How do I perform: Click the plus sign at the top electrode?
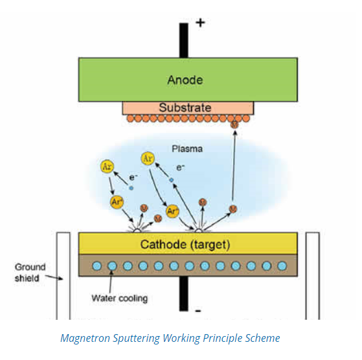coord(200,23)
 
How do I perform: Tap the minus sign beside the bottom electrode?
coord(198,311)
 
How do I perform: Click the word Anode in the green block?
coord(185,80)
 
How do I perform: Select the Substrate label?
coord(185,107)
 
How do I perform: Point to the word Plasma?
coord(187,148)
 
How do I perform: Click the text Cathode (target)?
coord(185,245)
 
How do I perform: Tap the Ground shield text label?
coord(30,272)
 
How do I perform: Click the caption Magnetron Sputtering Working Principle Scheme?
coord(170,338)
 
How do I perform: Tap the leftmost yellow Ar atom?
coord(107,167)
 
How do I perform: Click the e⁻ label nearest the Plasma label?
coord(180,167)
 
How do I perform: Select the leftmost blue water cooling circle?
coord(96,266)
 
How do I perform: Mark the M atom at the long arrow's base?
coord(233,208)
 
